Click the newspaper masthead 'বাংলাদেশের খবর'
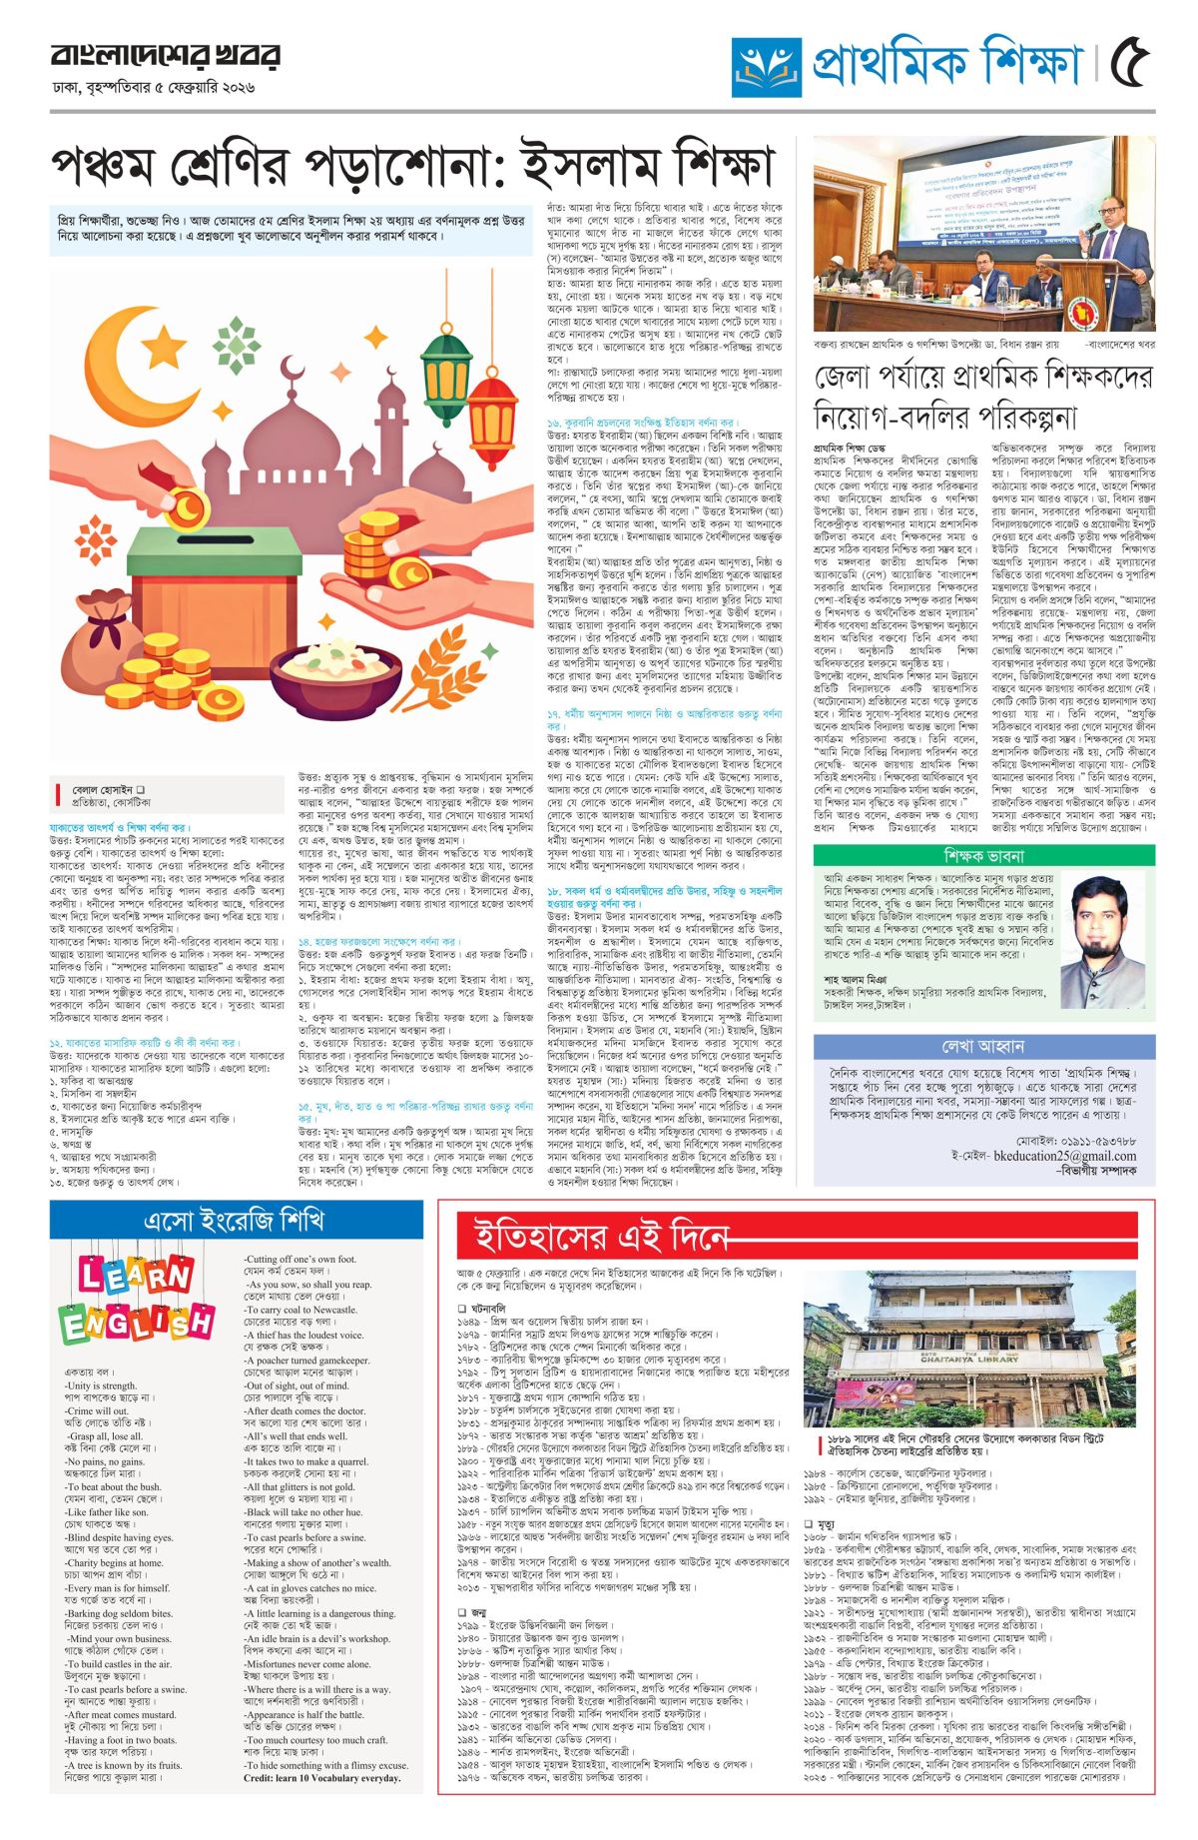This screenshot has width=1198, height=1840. [165, 56]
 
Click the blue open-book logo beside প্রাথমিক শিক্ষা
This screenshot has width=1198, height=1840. [766, 66]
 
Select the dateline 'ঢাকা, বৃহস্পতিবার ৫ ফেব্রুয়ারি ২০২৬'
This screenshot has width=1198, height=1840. [154, 88]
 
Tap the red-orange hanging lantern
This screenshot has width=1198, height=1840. [490, 420]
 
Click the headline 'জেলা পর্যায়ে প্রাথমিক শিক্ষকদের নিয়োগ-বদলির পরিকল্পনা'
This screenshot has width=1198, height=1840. [982, 394]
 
